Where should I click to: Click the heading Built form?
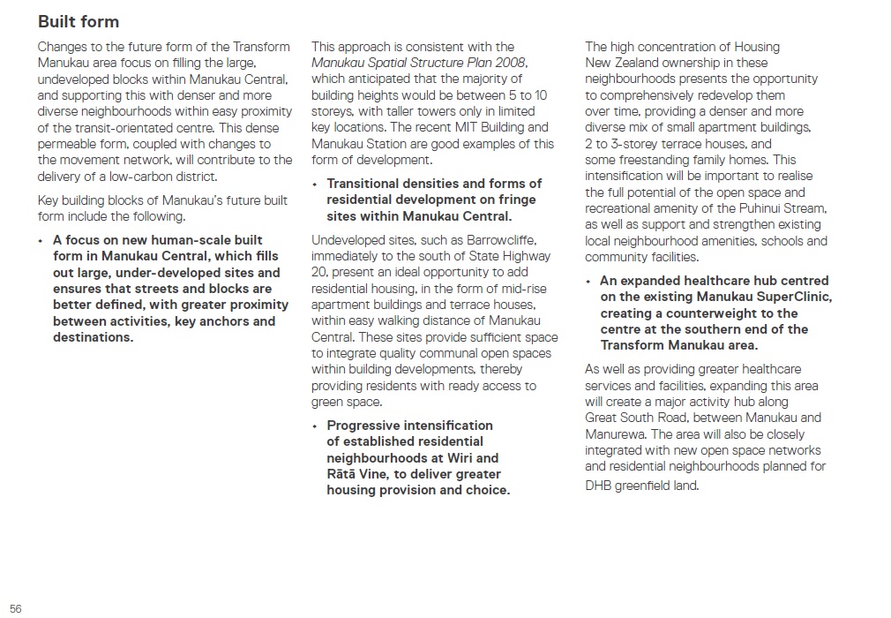point(78,21)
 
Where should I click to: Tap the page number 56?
point(16,608)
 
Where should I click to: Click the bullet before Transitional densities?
point(314,184)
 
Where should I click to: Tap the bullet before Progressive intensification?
point(314,426)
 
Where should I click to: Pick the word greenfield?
point(651,485)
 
